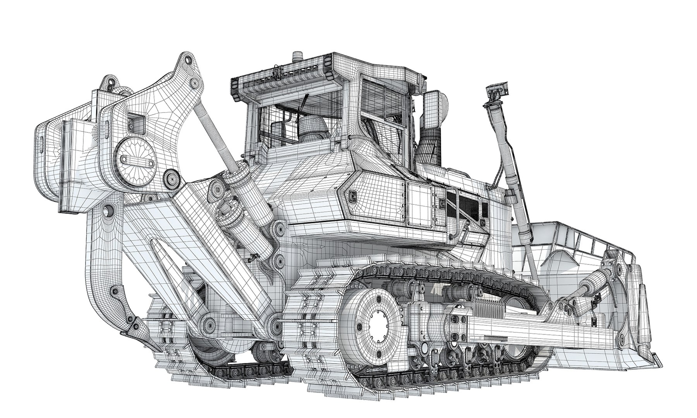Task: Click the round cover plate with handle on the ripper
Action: tap(136, 159)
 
